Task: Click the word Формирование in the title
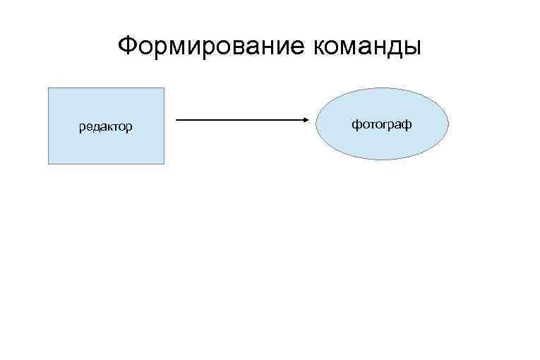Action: click(x=210, y=47)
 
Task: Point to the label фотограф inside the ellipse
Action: click(x=382, y=124)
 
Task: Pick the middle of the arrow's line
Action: click(x=242, y=120)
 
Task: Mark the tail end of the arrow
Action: click(x=176, y=120)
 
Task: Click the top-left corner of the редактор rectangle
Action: click(x=48, y=88)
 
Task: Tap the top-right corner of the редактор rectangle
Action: click(x=164, y=88)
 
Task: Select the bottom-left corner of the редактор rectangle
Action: click(x=48, y=164)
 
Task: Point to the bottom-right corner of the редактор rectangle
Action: click(x=164, y=164)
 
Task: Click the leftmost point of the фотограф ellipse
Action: click(x=316, y=124)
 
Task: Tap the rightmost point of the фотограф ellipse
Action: click(x=448, y=124)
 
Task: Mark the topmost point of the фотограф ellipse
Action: click(x=382, y=88)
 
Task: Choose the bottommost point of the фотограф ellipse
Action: click(x=382, y=160)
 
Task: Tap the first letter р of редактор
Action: click(x=82, y=129)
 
